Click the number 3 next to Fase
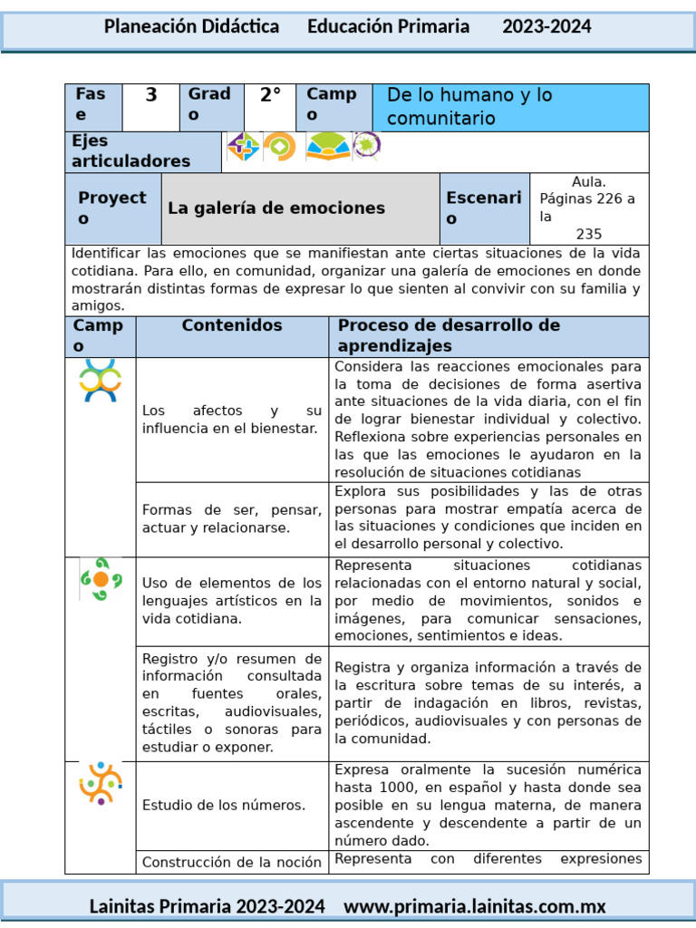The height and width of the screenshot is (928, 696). click(x=151, y=95)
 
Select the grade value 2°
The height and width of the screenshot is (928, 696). click(x=270, y=95)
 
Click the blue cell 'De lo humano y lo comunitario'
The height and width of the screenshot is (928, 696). click(x=510, y=107)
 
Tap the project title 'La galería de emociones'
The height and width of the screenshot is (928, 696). click(x=276, y=208)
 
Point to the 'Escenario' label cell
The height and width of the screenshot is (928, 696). click(x=484, y=208)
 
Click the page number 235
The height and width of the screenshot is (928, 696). click(x=589, y=234)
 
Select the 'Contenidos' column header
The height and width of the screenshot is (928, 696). click(x=232, y=325)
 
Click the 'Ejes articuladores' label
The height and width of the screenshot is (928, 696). click(x=131, y=151)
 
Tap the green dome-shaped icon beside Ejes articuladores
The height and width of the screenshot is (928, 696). click(x=328, y=146)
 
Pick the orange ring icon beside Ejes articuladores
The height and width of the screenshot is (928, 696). click(x=280, y=146)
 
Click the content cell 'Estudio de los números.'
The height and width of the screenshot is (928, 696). click(x=224, y=805)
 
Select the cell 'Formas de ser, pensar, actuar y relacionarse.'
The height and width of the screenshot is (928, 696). click(x=232, y=518)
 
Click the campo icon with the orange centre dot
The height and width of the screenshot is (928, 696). click(x=101, y=579)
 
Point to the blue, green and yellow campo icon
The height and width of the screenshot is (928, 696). click(x=101, y=381)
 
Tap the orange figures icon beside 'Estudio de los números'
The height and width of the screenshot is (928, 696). click(x=101, y=783)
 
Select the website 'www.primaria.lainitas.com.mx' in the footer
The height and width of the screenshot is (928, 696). click(x=475, y=906)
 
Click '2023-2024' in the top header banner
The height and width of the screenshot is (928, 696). click(x=546, y=27)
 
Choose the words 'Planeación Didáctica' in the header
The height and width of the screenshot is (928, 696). click(x=191, y=27)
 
